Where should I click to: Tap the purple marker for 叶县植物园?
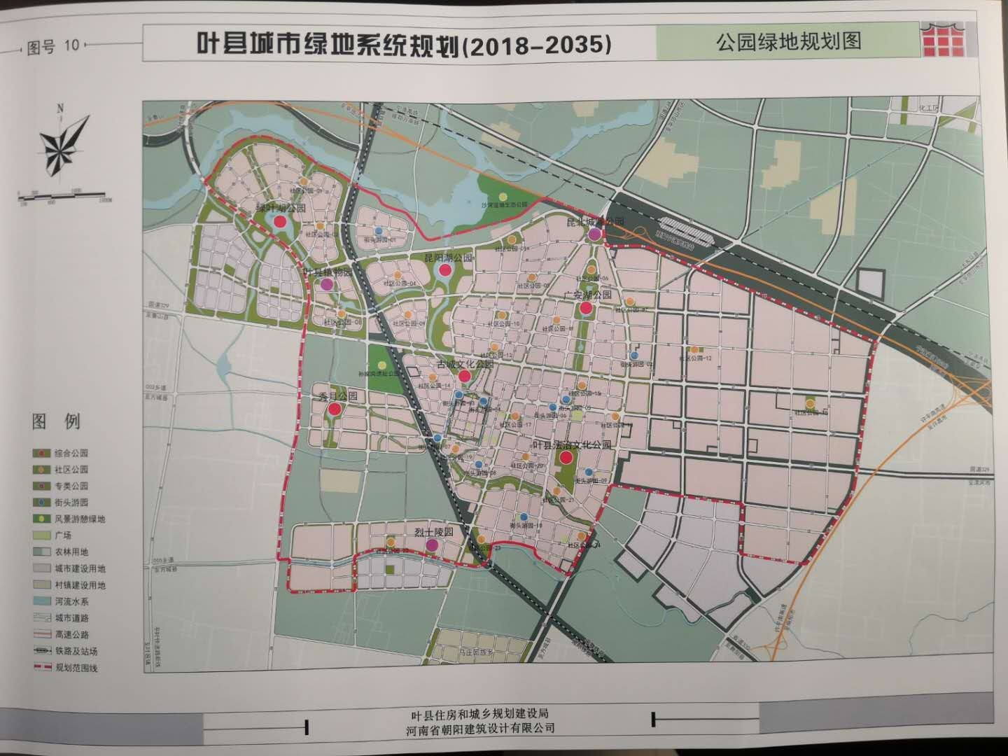coord(326,284)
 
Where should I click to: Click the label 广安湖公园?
coord(588,295)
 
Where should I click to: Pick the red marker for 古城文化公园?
coord(464,376)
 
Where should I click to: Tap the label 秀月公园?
coord(338,396)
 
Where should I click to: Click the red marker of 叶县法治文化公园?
coord(566,458)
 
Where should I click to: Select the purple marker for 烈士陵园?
coord(433,544)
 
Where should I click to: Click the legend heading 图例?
coord(56,422)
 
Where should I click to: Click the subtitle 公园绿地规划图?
coord(787,41)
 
